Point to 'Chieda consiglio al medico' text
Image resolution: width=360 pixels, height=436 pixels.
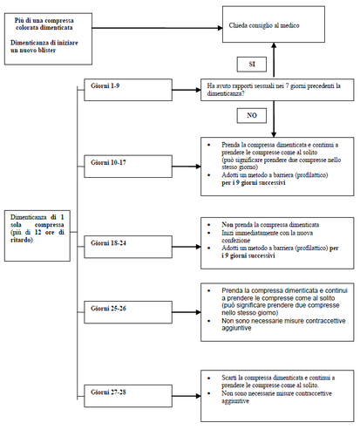click(265, 26)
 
